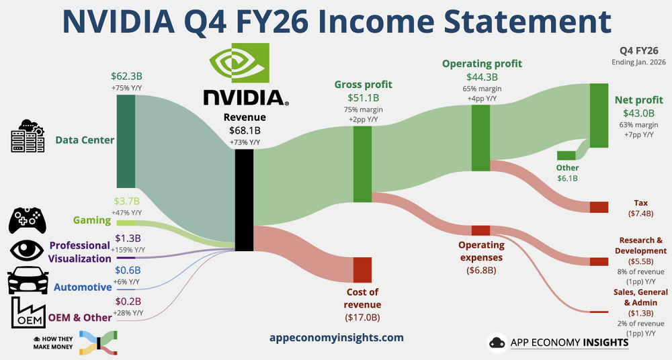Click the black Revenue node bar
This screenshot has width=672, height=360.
[243, 200]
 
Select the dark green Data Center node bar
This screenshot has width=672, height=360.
[126, 141]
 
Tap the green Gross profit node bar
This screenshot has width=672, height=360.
[362, 164]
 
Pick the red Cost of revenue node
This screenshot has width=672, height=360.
[362, 269]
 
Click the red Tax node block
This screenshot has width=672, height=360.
[598, 207]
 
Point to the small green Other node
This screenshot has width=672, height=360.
[566, 156]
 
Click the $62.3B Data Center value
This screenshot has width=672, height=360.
[126, 77]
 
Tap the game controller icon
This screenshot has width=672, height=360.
[28, 220]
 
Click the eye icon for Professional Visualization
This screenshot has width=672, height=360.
[28, 251]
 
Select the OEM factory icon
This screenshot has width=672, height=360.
[28, 313]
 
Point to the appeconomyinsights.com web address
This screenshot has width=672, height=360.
[336, 337]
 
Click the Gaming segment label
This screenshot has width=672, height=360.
[91, 220]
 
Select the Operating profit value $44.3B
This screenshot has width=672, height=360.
[481, 77]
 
